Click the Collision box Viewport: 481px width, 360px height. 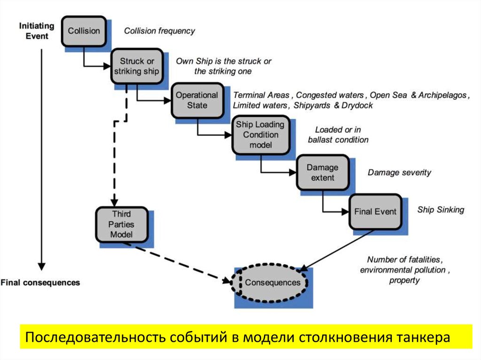[84, 31]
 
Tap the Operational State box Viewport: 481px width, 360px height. [197, 100]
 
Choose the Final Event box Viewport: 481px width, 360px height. [375, 212]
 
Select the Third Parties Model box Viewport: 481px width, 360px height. [121, 224]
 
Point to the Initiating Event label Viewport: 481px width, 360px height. [37, 31]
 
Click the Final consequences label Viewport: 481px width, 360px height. [40, 283]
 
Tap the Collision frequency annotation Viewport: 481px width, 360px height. [159, 31]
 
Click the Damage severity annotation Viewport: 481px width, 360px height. [399, 172]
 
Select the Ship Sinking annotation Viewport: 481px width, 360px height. [440, 209]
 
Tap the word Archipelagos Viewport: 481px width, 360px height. [442, 95]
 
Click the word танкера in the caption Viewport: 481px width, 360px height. [423, 337]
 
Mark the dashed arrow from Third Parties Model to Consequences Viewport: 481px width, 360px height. [183, 263]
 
